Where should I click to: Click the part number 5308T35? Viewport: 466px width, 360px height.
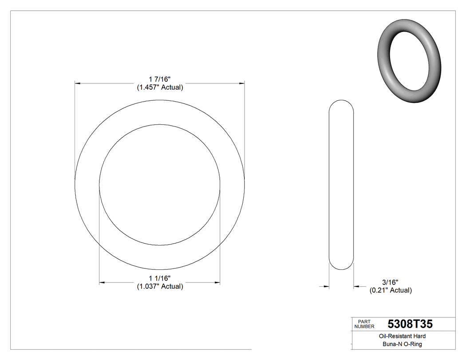click(x=410, y=324)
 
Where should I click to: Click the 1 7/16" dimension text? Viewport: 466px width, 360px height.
click(x=160, y=79)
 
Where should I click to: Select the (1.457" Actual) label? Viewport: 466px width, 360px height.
click(x=160, y=87)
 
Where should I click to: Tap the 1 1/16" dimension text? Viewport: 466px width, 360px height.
click(x=160, y=278)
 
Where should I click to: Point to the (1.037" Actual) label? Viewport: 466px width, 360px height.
click(x=160, y=287)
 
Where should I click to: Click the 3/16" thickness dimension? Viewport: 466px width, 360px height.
click(x=391, y=282)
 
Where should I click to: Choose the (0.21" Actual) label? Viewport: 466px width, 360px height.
click(x=391, y=290)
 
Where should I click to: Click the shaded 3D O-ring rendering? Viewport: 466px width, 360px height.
click(x=409, y=61)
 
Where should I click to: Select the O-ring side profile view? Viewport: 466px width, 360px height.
click(x=341, y=184)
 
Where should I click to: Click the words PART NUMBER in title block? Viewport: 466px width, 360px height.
click(x=364, y=324)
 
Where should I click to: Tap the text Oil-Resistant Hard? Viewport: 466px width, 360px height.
click(x=397, y=336)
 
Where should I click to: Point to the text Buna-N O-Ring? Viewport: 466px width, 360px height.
click(x=397, y=344)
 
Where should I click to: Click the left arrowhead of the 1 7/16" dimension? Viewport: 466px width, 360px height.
click(x=77, y=83)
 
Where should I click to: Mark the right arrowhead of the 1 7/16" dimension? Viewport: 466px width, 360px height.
click(x=242, y=83)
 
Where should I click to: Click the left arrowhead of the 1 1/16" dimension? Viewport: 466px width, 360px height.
click(x=102, y=282)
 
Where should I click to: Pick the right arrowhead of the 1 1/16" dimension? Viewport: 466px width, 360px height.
click(x=217, y=282)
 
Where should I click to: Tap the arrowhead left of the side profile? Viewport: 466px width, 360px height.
click(x=326, y=287)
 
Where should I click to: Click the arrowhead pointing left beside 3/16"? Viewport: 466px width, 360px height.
click(x=356, y=287)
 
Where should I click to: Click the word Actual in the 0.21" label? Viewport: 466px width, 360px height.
click(x=401, y=290)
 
